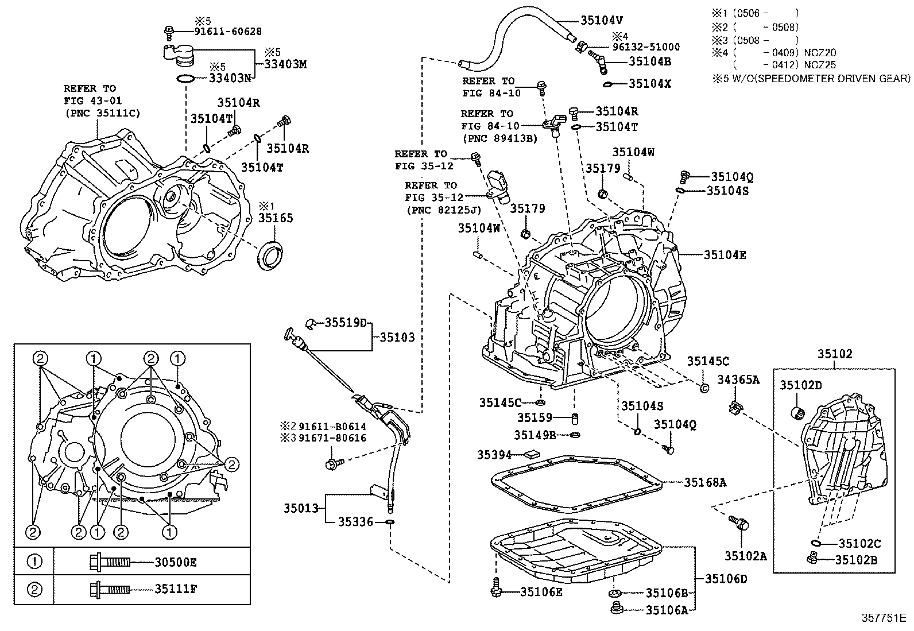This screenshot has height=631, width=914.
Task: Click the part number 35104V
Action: tap(601, 20)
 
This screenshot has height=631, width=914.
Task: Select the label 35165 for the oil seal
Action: tap(275, 218)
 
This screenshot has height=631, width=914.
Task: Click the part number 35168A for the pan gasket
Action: tap(704, 483)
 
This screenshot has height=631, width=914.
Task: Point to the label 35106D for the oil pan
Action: tap(726, 579)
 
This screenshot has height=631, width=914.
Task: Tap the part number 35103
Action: tap(397, 338)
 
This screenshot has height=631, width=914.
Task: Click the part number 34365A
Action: tap(738, 380)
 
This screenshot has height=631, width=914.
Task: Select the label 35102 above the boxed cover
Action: tap(835, 354)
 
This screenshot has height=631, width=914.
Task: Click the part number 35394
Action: tap(494, 455)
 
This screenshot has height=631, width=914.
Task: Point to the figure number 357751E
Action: tap(882, 618)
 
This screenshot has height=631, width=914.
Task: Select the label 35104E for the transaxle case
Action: tap(725, 255)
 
